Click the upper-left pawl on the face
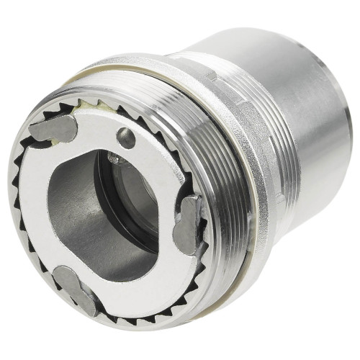click(53, 130)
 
